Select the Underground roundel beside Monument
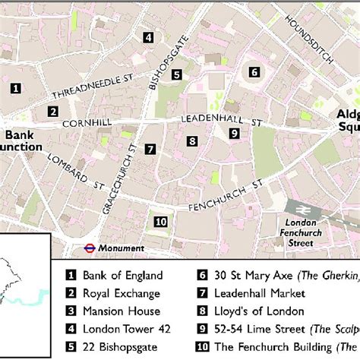point(88,248)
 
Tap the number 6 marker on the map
point(254,73)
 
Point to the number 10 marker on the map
point(160,222)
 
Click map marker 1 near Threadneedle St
point(14,89)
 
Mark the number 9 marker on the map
point(234,134)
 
